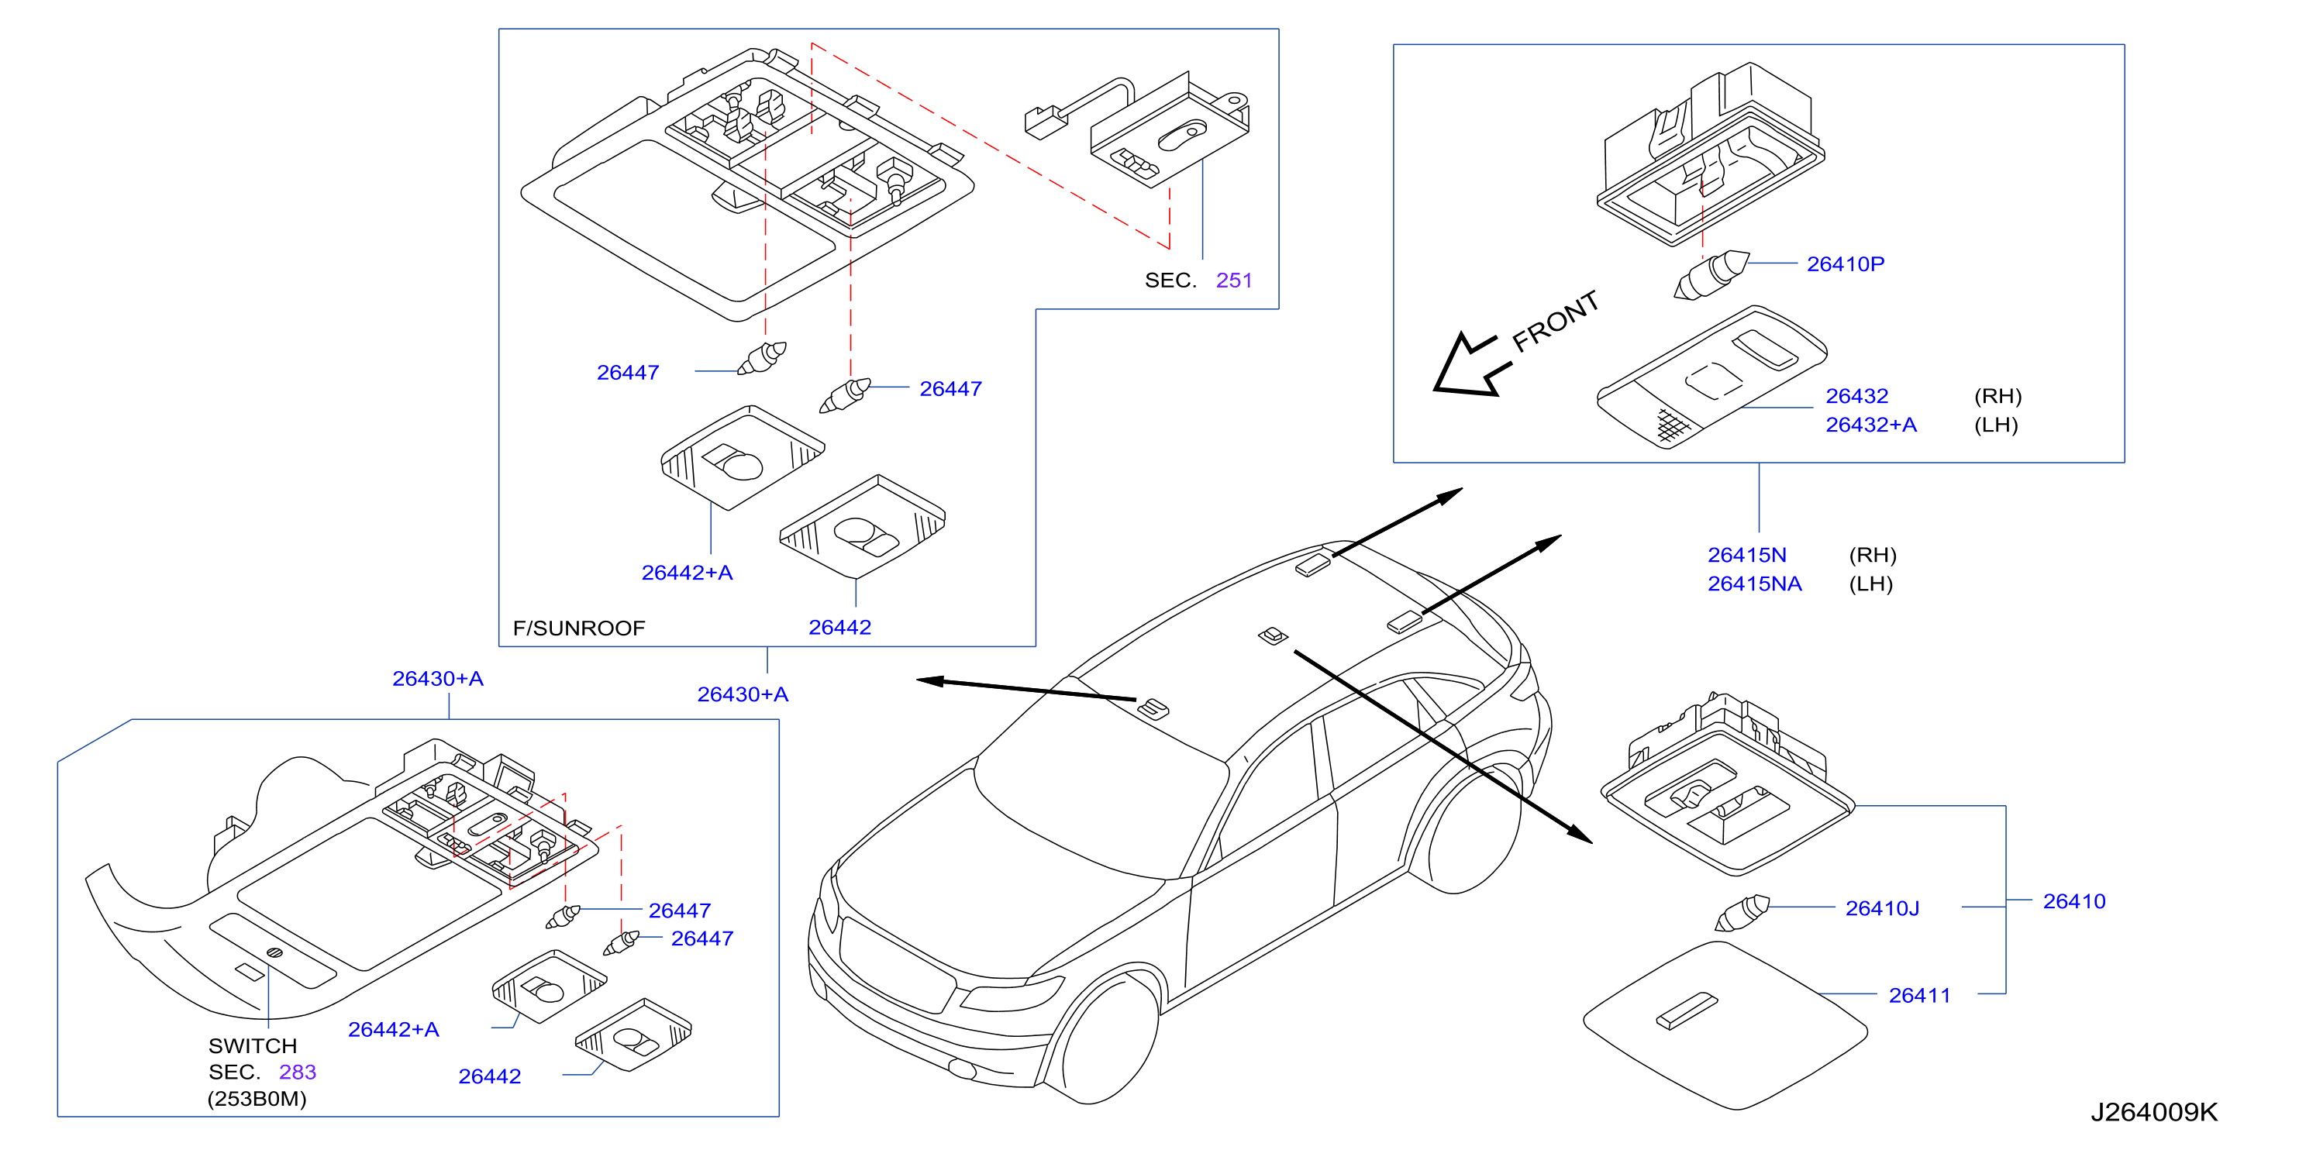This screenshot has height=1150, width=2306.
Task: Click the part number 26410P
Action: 1845,264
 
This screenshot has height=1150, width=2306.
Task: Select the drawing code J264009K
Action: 2154,1111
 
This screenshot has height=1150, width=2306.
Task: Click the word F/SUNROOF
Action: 578,628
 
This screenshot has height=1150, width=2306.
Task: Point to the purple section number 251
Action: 1233,280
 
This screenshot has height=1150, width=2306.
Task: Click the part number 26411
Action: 1919,995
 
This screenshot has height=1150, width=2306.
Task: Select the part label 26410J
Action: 1882,908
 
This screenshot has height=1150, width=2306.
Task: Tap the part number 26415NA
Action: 1755,584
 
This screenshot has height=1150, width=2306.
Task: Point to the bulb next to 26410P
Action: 1711,275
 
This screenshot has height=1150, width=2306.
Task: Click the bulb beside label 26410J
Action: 1742,913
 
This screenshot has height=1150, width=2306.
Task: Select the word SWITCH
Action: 253,1045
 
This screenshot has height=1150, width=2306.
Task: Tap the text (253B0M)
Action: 257,1098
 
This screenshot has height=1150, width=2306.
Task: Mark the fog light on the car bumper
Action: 961,1068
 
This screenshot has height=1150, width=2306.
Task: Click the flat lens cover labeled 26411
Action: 1725,1025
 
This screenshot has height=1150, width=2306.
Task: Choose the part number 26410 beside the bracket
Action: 2073,901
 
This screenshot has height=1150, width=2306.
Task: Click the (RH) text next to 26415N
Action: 1873,555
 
